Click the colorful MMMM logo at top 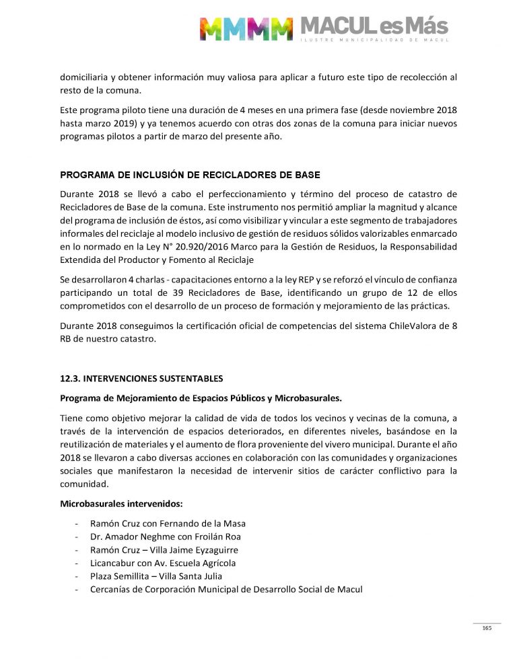pyautogui.click(x=246, y=28)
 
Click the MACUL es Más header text pyautogui.click(x=374, y=27)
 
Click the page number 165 pyautogui.click(x=487, y=628)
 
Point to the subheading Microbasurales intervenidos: pyautogui.click(x=118, y=503)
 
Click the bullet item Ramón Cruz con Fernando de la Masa pyautogui.click(x=168, y=523)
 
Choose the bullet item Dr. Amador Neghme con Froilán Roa pyautogui.click(x=165, y=537)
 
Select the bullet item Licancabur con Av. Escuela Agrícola pyautogui.click(x=163, y=563)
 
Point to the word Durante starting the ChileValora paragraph pyautogui.click(x=78, y=327)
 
